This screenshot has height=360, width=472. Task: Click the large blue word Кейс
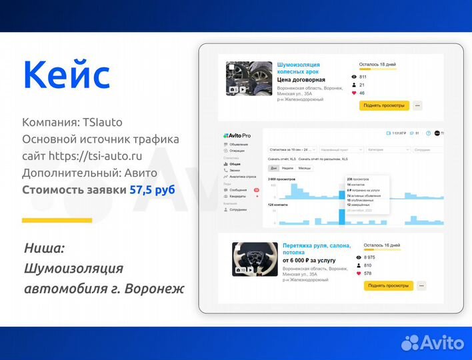[x=66, y=75]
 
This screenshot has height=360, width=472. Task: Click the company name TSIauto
[x=103, y=123]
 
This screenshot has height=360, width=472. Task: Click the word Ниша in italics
[x=44, y=248]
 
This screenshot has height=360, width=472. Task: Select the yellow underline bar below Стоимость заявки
[x=57, y=220]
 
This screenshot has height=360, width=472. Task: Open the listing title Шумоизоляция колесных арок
[x=298, y=68]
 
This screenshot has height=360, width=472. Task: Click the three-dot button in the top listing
[x=417, y=105]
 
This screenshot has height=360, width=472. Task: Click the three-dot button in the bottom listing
[x=421, y=285]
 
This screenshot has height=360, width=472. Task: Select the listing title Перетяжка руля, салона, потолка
[x=316, y=249]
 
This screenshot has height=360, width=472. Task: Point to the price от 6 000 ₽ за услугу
[x=307, y=261]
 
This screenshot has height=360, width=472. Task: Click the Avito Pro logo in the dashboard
[x=237, y=135]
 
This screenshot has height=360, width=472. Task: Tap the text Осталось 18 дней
[x=378, y=65]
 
